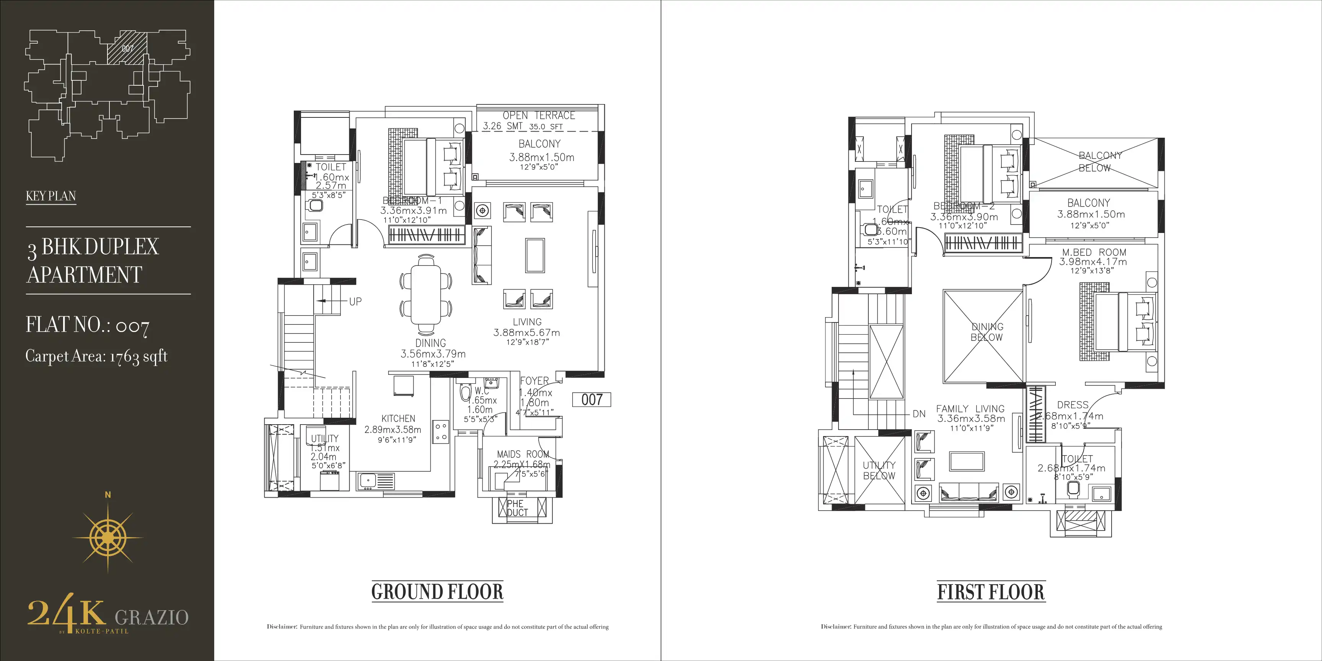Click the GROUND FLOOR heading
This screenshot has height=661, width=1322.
pyautogui.click(x=437, y=592)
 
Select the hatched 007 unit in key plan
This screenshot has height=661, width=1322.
pyautogui.click(x=127, y=48)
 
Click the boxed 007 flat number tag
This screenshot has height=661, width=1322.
pyautogui.click(x=591, y=399)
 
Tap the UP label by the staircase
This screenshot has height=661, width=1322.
pyautogui.click(x=355, y=302)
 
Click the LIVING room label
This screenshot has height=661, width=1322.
pyautogui.click(x=527, y=322)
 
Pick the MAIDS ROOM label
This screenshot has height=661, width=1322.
pyautogui.click(x=523, y=454)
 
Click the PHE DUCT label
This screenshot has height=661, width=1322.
pyautogui.click(x=516, y=508)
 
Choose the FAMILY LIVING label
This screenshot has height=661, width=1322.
pyautogui.click(x=970, y=409)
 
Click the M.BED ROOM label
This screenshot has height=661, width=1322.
pyautogui.click(x=1094, y=252)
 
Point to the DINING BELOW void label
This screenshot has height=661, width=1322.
pyautogui.click(x=987, y=332)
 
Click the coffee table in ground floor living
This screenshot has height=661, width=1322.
pyautogui.click(x=535, y=255)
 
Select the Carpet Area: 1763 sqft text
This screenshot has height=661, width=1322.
pyautogui.click(x=96, y=356)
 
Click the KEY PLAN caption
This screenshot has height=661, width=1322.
pyautogui.click(x=51, y=196)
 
